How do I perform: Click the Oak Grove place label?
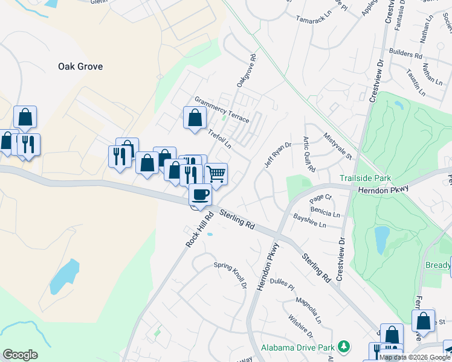click(x=80, y=66)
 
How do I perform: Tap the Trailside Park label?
click(x=365, y=178)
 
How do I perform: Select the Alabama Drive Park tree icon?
click(x=344, y=346)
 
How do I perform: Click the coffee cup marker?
click(x=201, y=194)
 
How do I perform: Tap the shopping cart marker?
click(x=216, y=174)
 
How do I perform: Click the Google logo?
click(x=20, y=355)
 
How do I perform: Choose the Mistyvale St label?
click(x=338, y=147)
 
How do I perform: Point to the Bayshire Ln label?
click(x=309, y=220)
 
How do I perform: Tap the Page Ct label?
click(x=321, y=198)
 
